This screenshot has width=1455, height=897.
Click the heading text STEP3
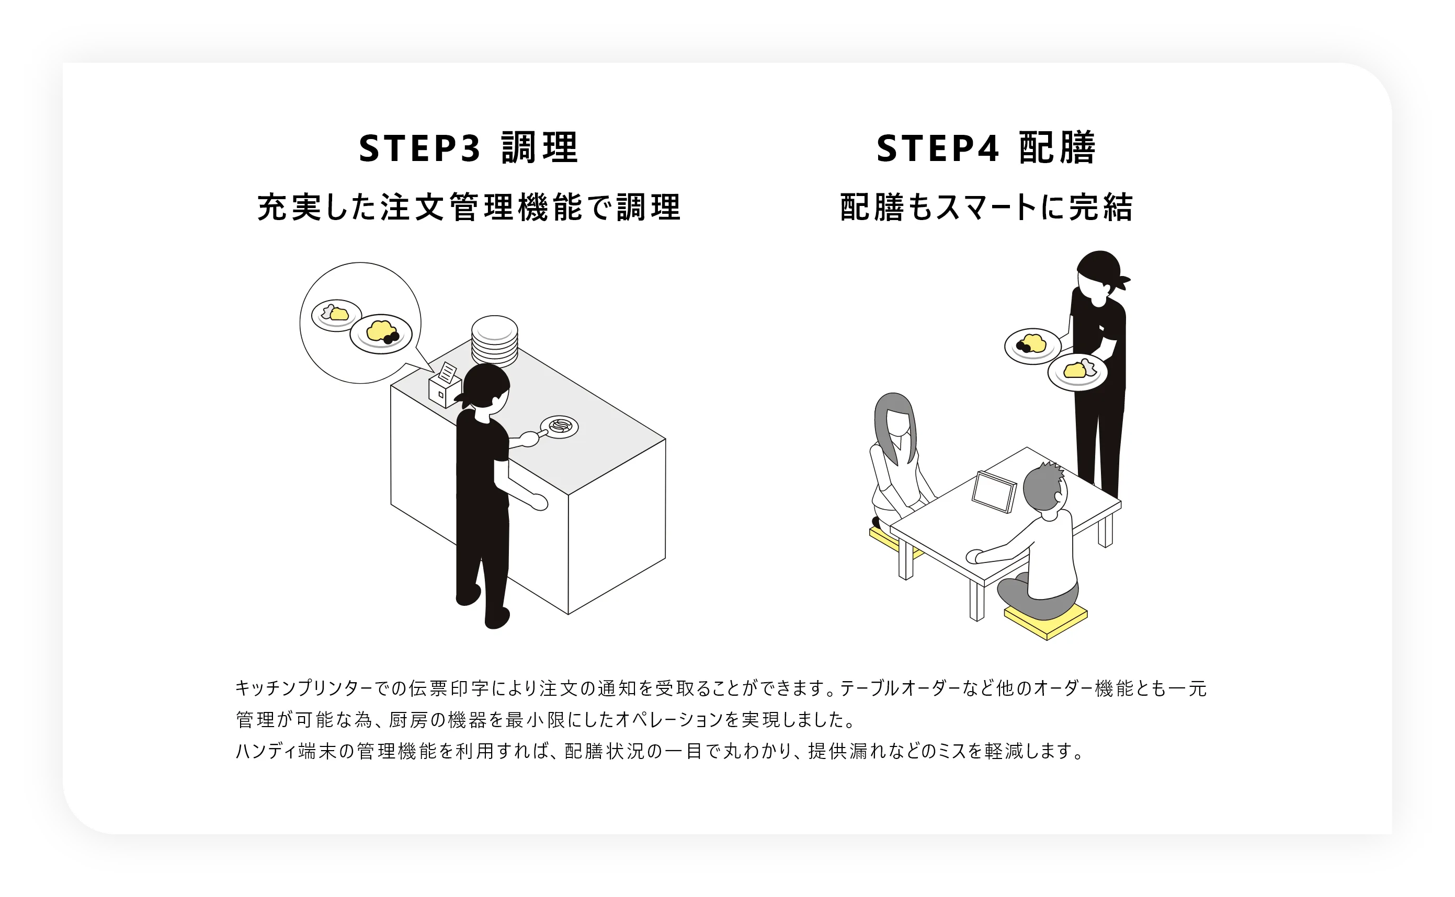click(419, 148)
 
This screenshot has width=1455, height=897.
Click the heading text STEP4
click(938, 148)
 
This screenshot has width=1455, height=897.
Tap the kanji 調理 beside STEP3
click(539, 148)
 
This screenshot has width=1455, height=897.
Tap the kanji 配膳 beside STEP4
click(1058, 148)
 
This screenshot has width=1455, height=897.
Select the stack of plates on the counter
click(494, 340)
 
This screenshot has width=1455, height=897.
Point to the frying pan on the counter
click(558, 427)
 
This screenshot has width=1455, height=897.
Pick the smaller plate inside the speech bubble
click(336, 315)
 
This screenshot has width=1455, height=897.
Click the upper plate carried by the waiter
click(1032, 346)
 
